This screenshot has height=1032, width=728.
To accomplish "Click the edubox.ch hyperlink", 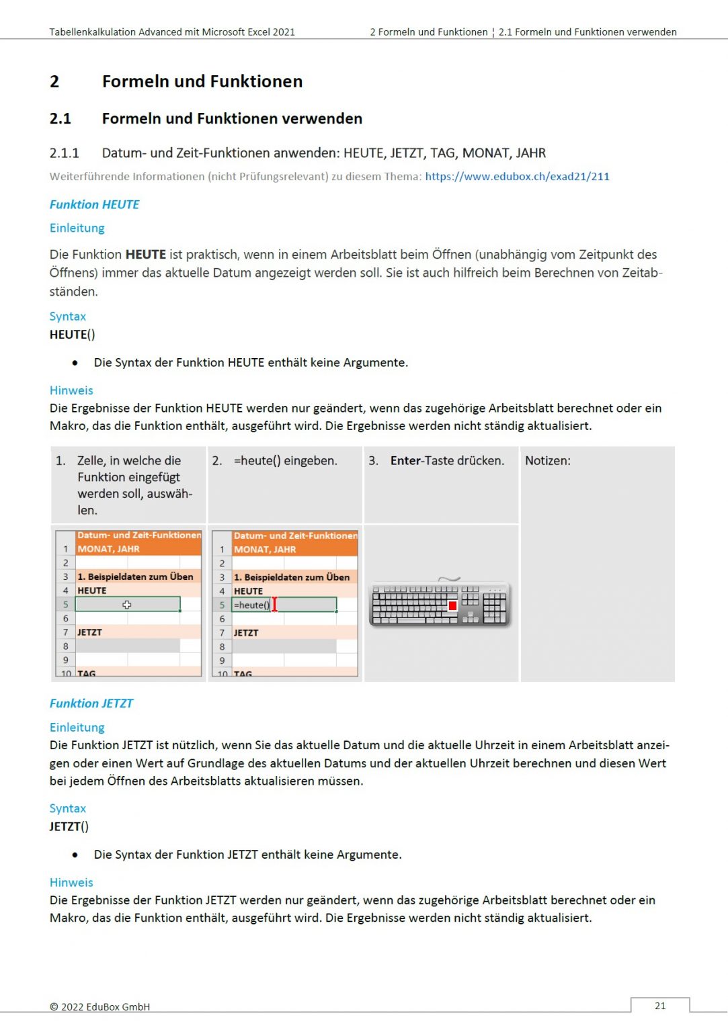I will (517, 177).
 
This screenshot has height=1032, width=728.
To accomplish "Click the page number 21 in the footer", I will (660, 1006).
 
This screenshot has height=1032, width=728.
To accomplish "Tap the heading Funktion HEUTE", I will (95, 204).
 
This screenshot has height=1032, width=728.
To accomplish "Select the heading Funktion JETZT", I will (91, 703).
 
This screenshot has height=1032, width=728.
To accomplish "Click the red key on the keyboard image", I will (452, 605).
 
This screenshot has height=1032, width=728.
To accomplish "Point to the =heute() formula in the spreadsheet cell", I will (252, 605).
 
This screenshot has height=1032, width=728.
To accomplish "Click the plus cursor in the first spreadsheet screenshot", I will (126, 605).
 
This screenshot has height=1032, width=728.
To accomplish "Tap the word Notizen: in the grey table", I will (547, 461).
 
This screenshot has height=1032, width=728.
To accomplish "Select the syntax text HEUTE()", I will (73, 335).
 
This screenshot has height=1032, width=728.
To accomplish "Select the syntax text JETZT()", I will (69, 826).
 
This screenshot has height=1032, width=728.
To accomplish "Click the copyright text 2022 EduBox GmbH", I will (100, 1006).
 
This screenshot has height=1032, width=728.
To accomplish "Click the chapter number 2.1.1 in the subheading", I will (65, 153).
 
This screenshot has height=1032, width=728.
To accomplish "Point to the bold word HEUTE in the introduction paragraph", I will (146, 255).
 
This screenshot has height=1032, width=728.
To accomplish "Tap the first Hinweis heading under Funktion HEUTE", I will (71, 390).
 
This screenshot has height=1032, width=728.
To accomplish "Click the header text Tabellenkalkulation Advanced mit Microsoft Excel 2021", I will (172, 32).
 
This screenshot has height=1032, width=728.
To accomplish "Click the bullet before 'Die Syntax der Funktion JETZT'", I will (75, 855).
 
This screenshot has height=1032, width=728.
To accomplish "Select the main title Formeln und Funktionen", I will (202, 82).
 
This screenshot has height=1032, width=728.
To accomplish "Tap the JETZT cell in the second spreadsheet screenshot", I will (246, 633).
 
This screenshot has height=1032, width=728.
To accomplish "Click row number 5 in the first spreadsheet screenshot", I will (66, 605).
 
